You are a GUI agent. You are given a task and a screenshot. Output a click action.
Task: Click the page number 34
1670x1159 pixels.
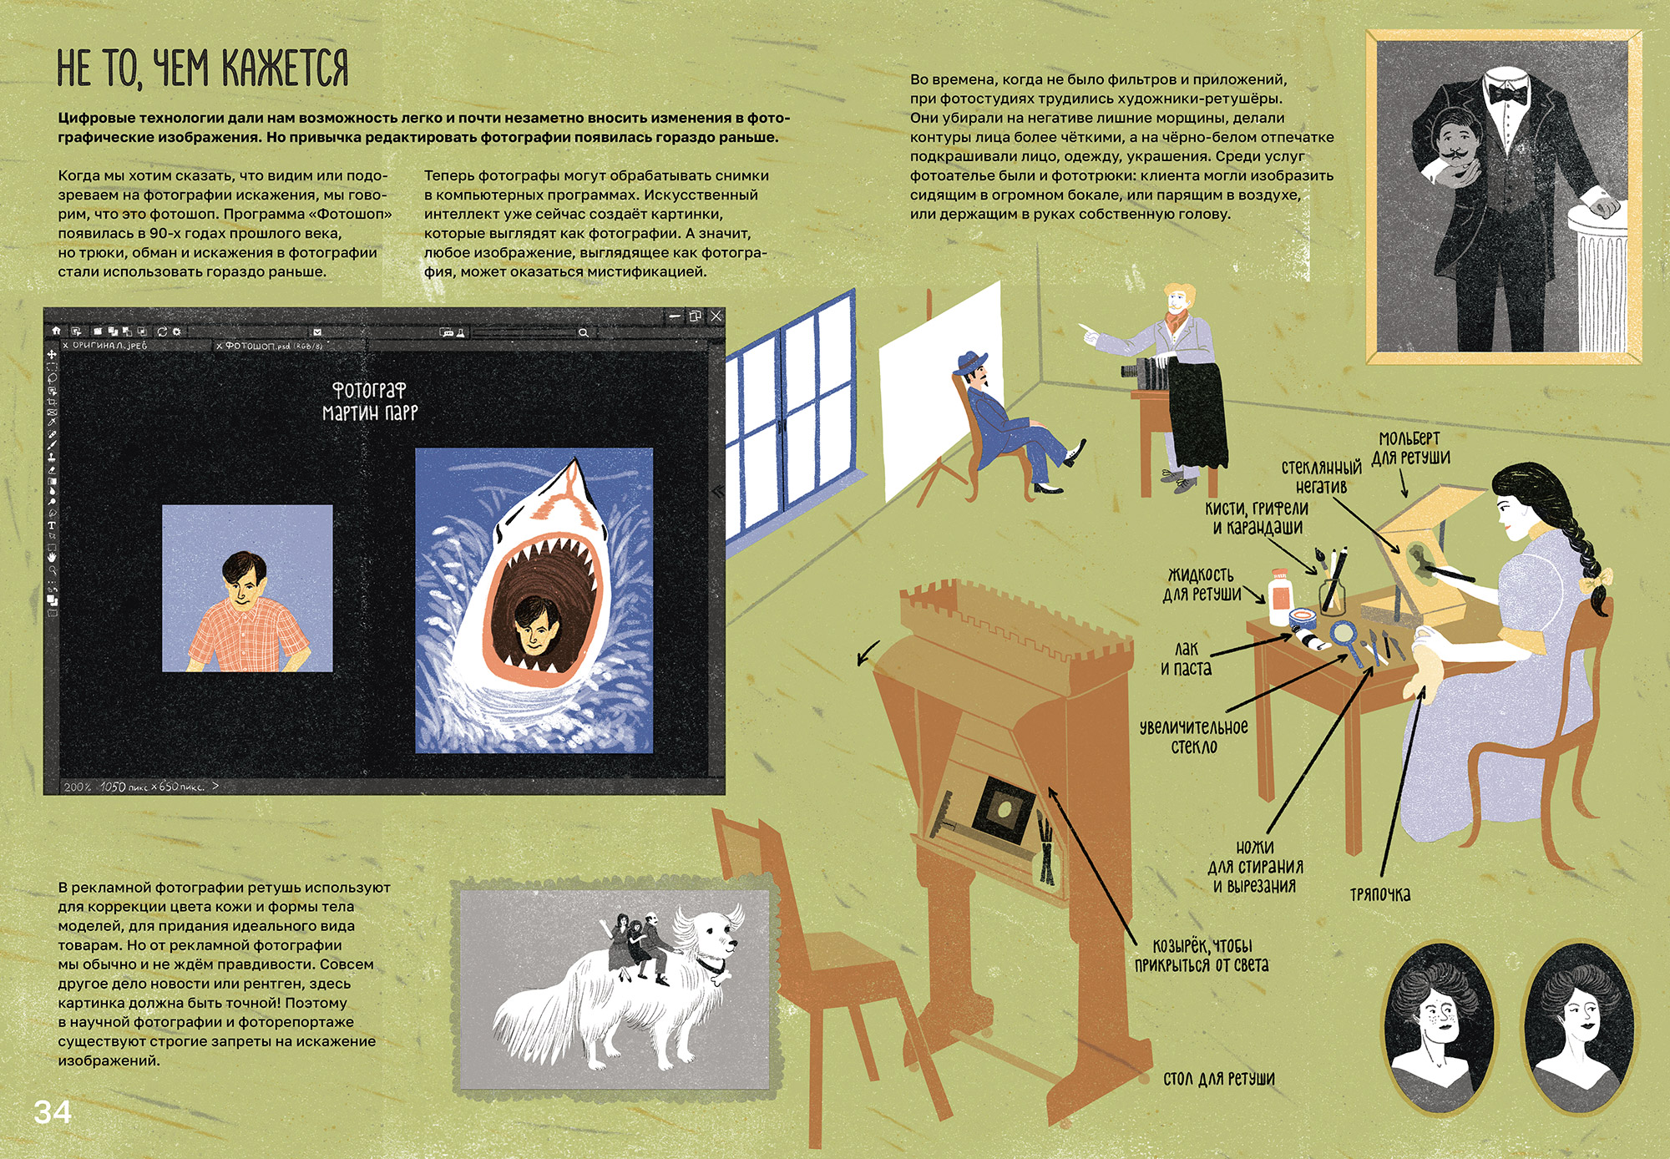point(53,1111)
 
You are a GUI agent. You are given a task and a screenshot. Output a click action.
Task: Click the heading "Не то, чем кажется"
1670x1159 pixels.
point(203,68)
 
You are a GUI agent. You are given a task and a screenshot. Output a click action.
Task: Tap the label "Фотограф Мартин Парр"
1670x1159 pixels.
point(370,401)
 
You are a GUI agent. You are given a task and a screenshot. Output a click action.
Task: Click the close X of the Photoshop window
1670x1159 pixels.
point(716,316)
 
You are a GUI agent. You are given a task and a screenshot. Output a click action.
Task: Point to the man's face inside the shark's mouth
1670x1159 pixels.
point(532,625)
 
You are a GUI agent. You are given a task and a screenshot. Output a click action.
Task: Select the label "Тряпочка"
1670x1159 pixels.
point(1380,894)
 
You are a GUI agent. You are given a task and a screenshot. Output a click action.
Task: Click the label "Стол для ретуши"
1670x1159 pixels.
point(1219,1078)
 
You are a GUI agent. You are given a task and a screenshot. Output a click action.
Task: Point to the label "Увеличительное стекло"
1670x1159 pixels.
point(1194,736)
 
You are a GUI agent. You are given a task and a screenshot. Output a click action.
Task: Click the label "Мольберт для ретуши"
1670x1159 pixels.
point(1410,448)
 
